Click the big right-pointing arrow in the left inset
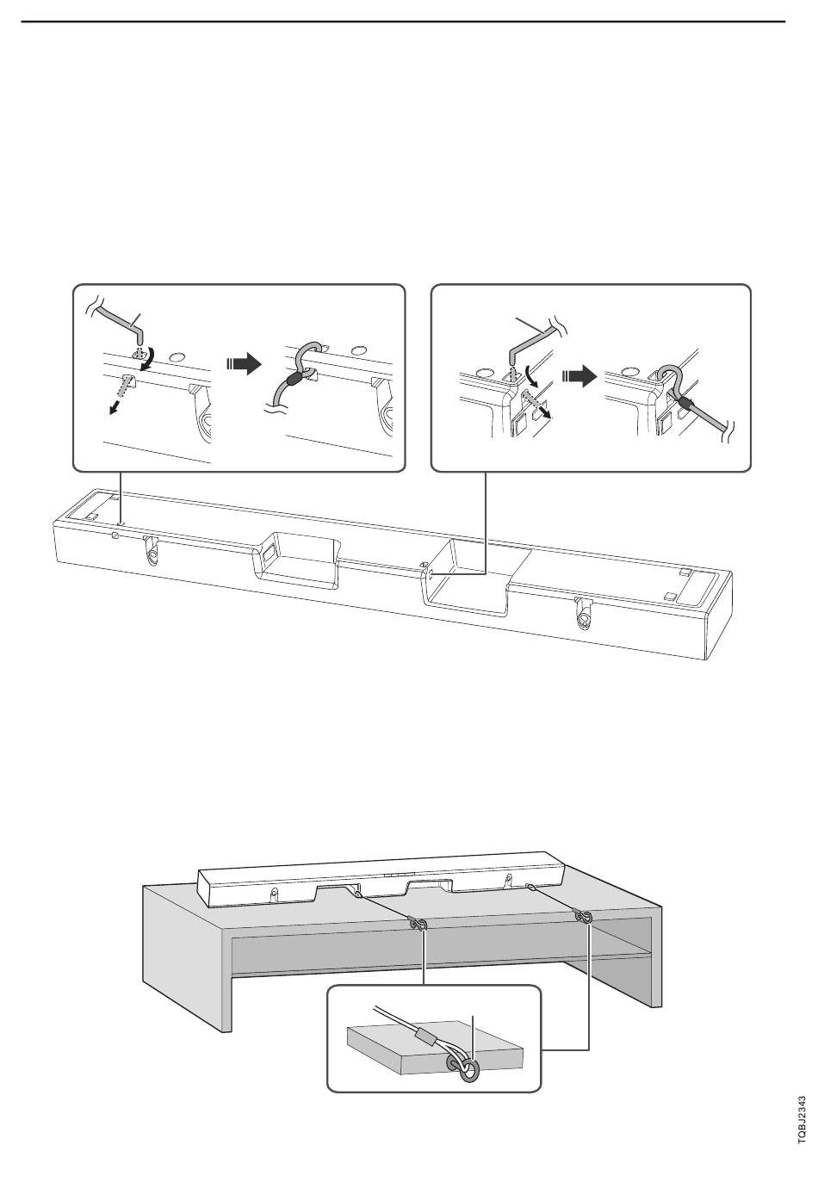(244, 363)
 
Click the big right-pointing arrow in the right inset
(579, 377)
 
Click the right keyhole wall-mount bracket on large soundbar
(584, 614)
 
